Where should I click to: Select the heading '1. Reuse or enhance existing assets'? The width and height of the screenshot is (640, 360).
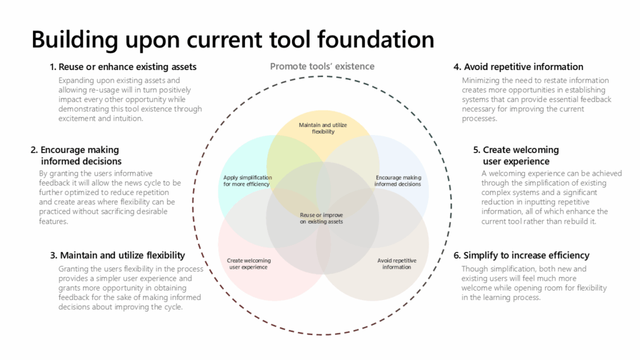pyautogui.click(x=123, y=67)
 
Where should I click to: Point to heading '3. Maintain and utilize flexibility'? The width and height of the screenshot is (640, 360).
pyautogui.click(x=117, y=255)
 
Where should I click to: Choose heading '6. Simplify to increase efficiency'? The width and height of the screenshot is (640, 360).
pyautogui.click(x=521, y=255)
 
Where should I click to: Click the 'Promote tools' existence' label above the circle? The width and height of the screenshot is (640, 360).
pyautogui.click(x=322, y=66)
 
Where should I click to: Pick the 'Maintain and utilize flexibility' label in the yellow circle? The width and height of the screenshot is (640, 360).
pyautogui.click(x=322, y=128)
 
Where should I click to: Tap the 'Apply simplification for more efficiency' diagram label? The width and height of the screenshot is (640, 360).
pyautogui.click(x=246, y=181)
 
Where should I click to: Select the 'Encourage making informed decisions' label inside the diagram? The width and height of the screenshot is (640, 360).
pyautogui.click(x=397, y=181)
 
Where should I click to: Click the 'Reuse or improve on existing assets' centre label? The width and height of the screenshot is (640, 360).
pyautogui.click(x=321, y=218)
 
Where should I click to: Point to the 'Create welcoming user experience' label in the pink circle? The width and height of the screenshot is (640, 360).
pyautogui.click(x=248, y=264)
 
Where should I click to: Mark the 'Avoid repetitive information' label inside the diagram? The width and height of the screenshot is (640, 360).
pyautogui.click(x=396, y=264)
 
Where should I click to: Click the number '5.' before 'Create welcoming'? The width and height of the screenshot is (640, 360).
pyautogui.click(x=477, y=150)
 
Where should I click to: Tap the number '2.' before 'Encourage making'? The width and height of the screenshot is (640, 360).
pyautogui.click(x=34, y=150)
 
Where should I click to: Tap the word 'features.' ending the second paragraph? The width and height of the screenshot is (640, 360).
pyautogui.click(x=53, y=221)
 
